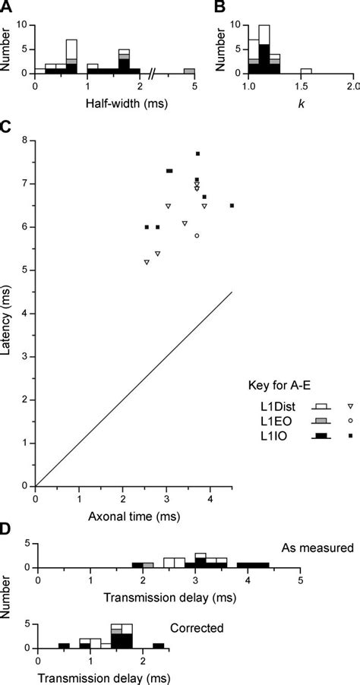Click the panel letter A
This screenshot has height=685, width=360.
tap(5, 8)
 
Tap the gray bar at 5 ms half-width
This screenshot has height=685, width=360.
tap(188, 71)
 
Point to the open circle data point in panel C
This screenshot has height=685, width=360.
tap(197, 235)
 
